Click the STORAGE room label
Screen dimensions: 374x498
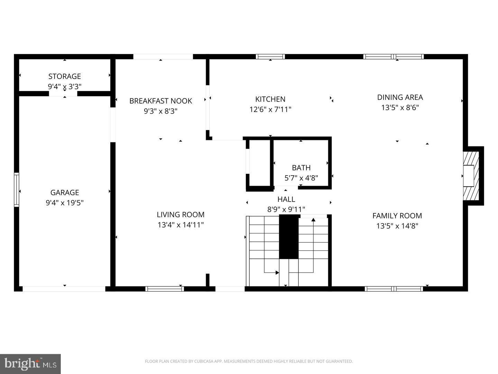point(64,76)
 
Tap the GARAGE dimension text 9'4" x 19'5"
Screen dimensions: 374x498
point(64,203)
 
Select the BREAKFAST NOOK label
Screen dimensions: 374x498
point(160,101)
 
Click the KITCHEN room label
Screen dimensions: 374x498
point(270,99)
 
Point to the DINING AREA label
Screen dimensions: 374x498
point(400,97)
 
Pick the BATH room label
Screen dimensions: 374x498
point(301,168)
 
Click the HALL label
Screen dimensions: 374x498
point(286,199)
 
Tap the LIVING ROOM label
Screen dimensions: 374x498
point(181,215)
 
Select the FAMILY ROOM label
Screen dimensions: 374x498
point(397,216)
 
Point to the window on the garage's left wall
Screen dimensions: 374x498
point(16,190)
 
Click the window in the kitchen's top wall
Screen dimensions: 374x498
point(270,57)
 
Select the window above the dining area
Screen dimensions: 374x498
point(393,57)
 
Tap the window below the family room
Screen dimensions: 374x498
point(394,289)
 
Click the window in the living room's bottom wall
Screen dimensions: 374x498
point(164,289)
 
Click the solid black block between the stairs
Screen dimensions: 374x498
point(289,237)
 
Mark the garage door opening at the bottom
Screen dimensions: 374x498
point(64,289)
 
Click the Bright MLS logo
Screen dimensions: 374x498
point(30,364)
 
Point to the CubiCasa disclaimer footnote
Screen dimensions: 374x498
point(249,362)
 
